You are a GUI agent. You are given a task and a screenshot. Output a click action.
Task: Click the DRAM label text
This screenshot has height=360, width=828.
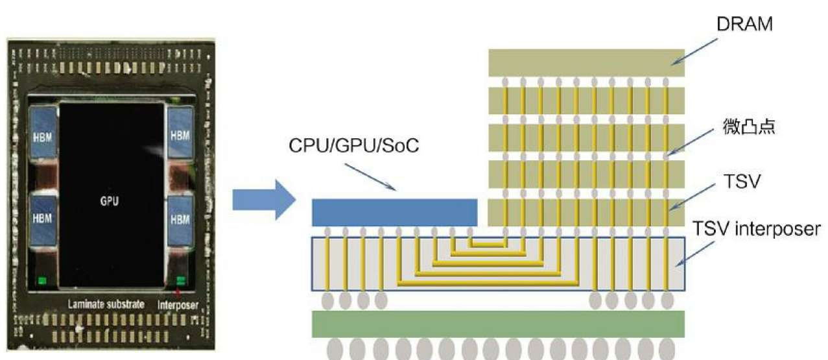tap(744, 24)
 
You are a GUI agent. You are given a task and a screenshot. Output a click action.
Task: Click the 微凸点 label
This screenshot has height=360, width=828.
tap(748, 126)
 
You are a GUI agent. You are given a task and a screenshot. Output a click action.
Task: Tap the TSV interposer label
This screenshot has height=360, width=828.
tap(756, 229)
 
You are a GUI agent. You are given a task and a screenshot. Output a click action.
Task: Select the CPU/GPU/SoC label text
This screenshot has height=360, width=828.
tap(354, 146)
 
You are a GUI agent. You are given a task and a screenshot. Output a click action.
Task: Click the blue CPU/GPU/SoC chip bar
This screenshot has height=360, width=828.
tap(395, 213)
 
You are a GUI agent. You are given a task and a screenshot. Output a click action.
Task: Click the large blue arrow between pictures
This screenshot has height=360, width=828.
tap(264, 200)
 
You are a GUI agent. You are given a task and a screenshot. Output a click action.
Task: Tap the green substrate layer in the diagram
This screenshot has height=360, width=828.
tap(498, 324)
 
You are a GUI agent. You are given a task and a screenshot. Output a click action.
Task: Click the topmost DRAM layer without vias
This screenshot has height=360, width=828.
tap(587, 63)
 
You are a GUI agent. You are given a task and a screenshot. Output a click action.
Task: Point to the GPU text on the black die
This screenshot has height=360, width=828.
tap(110, 201)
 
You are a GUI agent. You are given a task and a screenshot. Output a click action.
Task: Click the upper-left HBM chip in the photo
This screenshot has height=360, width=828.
tap(43, 132)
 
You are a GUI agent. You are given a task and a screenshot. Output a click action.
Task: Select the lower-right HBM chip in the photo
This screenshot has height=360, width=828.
tap(180, 221)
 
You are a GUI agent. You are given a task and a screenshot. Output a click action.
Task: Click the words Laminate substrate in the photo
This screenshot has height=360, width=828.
tap(106, 304)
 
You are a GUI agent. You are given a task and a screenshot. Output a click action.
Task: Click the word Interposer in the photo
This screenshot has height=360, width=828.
tap(178, 305)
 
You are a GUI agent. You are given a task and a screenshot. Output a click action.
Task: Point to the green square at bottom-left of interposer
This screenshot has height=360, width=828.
tap(43, 280)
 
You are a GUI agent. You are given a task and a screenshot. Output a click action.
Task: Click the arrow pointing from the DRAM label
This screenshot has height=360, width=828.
tap(694, 51)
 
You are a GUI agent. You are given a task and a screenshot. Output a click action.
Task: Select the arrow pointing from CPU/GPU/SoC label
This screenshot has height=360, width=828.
tap(370, 178)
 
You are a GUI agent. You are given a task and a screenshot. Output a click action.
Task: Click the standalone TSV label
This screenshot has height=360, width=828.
tap(742, 182)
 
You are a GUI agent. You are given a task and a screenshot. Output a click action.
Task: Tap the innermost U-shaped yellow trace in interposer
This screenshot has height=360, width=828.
tap(488, 245)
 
